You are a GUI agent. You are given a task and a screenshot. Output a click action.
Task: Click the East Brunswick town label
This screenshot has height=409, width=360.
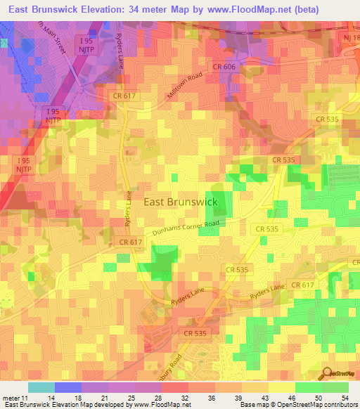(x=181, y=202)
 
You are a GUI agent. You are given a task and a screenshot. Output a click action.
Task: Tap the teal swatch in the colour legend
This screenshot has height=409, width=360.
(x=41, y=387)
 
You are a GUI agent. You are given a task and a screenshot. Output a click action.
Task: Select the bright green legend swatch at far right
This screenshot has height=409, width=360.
(x=335, y=387)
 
